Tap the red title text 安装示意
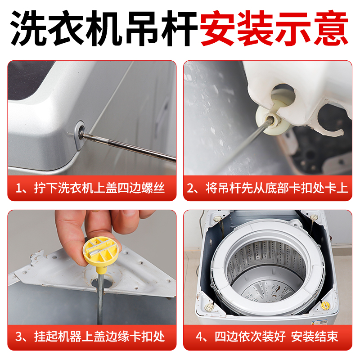click(x=274, y=28)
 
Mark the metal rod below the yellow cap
click(x=100, y=297)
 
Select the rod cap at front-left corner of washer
click(x=209, y=307)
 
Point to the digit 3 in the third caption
click(x=20, y=336)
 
